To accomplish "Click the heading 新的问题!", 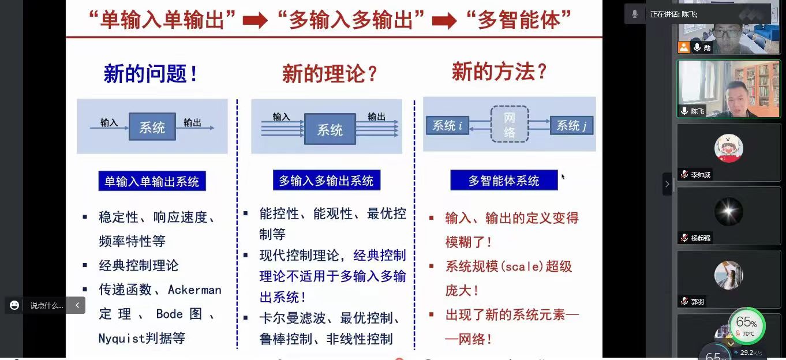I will [151, 74].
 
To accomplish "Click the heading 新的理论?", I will [330, 74].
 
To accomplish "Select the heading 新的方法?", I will [499, 72].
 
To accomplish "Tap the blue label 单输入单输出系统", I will [152, 182].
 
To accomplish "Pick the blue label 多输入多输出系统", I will [326, 181].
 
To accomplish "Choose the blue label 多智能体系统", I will [504, 181].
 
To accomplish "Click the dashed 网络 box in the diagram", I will [510, 125].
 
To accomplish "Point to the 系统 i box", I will [447, 125].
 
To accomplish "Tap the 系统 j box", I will [571, 125].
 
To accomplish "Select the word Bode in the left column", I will [169, 314].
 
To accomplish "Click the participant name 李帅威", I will [701, 175].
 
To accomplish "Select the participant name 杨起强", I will [701, 238].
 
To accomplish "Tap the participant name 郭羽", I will [697, 301].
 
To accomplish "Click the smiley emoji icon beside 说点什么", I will [14, 305].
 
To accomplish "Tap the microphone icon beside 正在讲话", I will [635, 14].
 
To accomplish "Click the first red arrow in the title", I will [254, 21].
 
